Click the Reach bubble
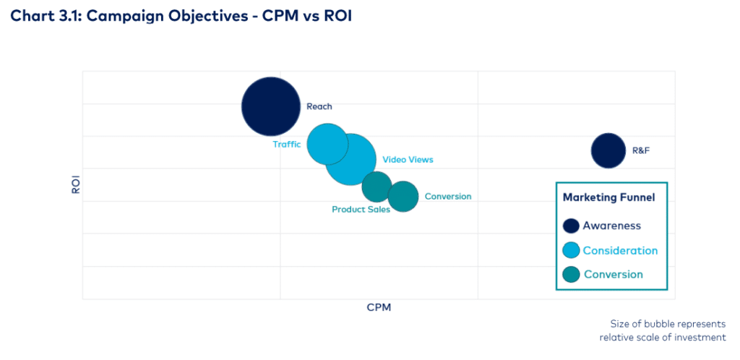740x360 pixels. (271, 106)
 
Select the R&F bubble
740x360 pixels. (608, 150)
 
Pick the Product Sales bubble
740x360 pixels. (377, 187)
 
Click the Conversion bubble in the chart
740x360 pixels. (403, 196)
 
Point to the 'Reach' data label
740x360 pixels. (319, 106)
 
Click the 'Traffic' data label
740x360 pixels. (286, 144)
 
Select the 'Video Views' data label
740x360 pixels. (408, 159)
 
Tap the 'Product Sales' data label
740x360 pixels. (361, 210)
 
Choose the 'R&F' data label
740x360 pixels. (642, 151)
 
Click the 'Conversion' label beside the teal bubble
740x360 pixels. (448, 196)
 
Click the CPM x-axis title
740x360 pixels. (379, 307)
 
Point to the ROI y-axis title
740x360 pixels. (75, 185)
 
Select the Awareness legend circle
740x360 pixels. (571, 226)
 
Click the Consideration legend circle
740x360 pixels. (571, 250)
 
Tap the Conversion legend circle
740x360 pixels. (571, 275)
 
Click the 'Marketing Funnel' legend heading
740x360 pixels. (608, 197)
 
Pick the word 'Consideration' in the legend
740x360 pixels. (620, 250)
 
